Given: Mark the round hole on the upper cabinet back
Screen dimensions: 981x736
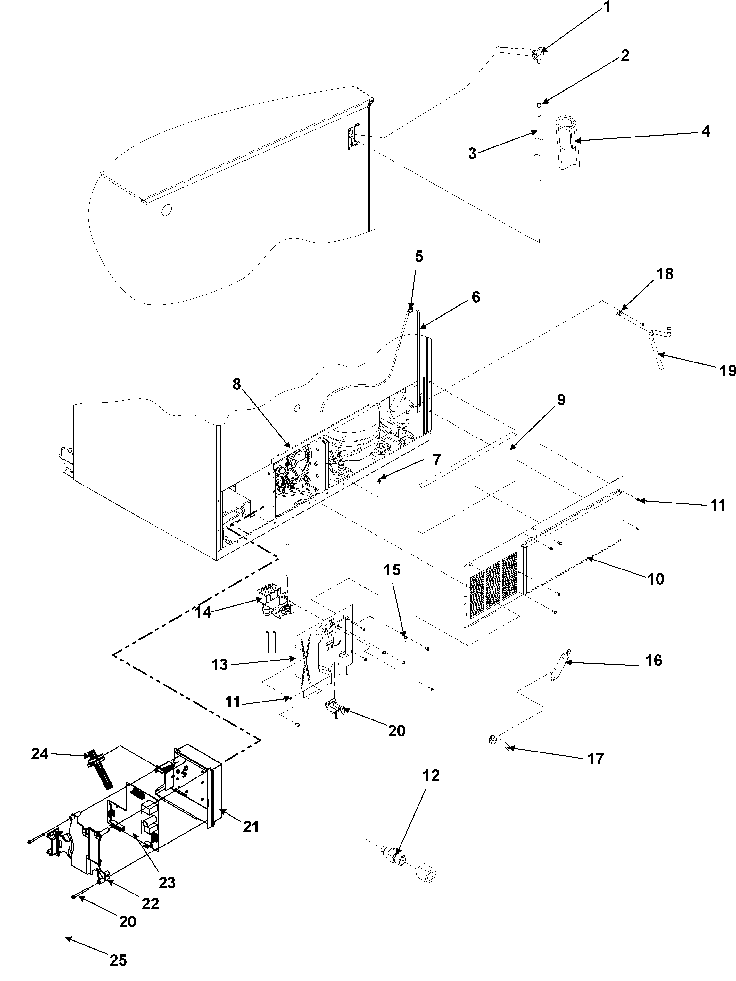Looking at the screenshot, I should click(166, 210).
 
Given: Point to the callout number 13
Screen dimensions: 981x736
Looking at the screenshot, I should click(219, 677).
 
